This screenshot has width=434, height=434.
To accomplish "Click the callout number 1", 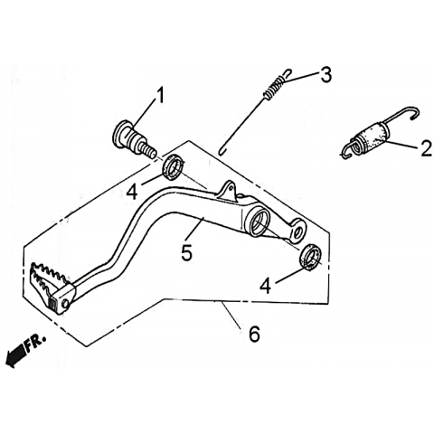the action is [161, 95].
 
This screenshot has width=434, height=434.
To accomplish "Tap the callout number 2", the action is [426, 148].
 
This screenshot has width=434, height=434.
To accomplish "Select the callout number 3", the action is [325, 74].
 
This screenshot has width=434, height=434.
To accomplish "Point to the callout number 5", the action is [186, 252].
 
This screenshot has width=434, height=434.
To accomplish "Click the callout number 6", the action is [255, 334].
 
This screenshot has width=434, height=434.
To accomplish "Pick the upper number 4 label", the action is [132, 193].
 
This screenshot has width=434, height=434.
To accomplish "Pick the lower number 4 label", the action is [266, 286].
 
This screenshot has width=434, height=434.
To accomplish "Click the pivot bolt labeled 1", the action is [134, 138].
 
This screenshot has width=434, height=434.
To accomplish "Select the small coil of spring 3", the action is [274, 87].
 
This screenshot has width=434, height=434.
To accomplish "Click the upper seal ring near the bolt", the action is [174, 167].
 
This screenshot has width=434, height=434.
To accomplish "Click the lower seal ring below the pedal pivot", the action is [310, 256].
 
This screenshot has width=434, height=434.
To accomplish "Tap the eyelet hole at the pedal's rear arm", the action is [298, 231].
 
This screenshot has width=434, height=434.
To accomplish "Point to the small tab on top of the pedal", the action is [229, 190].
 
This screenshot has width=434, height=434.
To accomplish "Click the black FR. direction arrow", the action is [16, 355].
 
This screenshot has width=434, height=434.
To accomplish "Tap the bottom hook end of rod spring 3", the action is [222, 150].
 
